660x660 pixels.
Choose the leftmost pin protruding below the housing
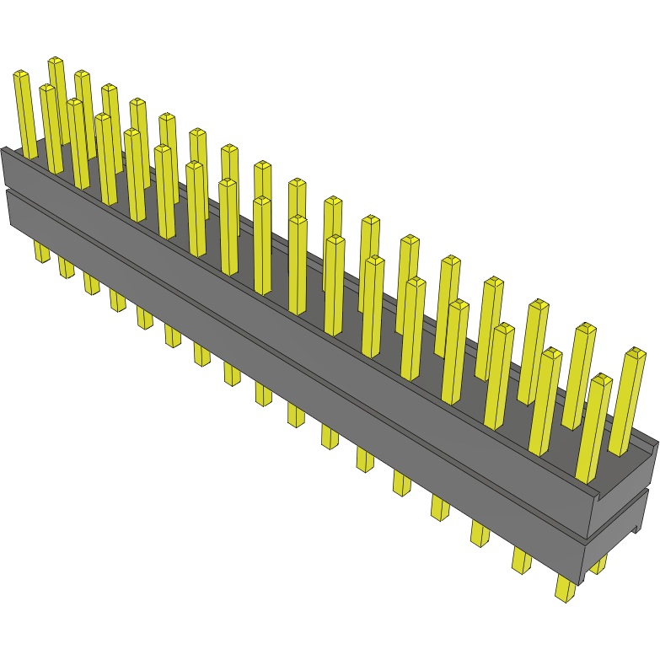click(41, 250)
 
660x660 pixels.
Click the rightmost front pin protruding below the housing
click(565, 587)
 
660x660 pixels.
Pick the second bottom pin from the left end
click(66, 266)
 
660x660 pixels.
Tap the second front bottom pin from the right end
click(522, 559)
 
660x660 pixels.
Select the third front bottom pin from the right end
click(480, 532)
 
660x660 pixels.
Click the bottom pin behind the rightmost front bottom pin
click(598, 563)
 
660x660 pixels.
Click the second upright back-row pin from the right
click(579, 375)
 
